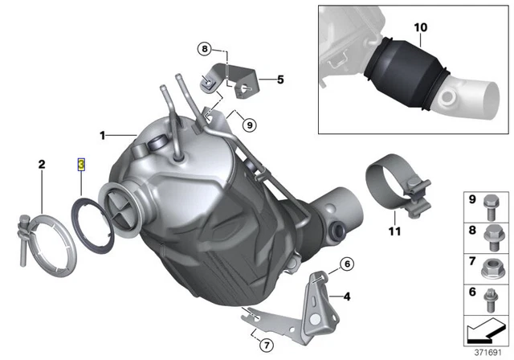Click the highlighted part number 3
coord(80,164)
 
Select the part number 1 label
coord(103,133)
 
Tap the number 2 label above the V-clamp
coord(40,165)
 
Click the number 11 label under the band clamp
coord(393,232)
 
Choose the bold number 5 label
coord(280,80)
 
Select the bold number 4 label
coord(346,297)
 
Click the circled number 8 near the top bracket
coord(206,49)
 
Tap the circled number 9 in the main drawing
coord(248,125)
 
